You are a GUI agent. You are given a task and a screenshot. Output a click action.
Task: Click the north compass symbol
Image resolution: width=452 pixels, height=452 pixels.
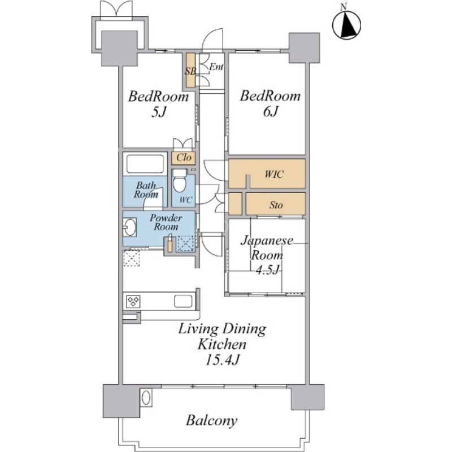[x=346, y=24]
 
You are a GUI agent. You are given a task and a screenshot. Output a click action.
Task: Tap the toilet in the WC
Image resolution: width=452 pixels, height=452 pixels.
[x=180, y=180]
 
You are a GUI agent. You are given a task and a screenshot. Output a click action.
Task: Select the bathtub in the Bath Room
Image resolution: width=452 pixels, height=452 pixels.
[x=145, y=164]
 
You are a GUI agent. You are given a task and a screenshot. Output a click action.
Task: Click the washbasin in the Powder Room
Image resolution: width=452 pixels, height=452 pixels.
[x=130, y=227]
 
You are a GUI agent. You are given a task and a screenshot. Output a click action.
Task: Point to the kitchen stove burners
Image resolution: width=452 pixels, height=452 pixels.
[x=133, y=302]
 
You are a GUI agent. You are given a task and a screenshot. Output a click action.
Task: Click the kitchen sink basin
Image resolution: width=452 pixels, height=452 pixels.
[x=183, y=301]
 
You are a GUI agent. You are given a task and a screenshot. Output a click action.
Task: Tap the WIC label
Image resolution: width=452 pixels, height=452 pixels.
[x=274, y=174]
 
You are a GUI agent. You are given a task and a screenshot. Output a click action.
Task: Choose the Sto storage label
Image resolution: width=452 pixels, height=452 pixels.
[x=276, y=205]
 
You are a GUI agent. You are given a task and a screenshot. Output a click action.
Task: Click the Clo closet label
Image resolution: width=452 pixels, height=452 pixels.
[x=184, y=158]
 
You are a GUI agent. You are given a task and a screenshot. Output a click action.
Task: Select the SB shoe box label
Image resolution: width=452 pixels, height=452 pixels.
[x=190, y=71]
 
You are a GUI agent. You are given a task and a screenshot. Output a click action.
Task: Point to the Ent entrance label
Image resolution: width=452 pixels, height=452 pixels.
[x=216, y=67]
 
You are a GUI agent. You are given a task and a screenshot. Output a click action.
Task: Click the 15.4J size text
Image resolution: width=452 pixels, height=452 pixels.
[x=222, y=360]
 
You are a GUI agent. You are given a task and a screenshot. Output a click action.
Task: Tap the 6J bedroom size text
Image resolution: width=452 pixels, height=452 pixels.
[x=270, y=111]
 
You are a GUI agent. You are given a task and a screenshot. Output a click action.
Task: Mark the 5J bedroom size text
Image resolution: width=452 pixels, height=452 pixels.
[x=159, y=112]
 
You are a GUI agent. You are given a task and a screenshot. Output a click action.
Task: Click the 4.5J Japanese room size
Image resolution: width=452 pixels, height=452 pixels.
[x=267, y=270]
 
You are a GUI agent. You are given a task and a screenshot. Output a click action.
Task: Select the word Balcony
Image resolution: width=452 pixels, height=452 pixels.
[x=211, y=420]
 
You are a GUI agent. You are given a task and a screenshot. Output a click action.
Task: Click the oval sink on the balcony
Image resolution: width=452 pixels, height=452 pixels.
[x=146, y=398]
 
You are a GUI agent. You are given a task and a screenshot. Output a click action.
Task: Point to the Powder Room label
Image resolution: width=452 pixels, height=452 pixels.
[x=166, y=222]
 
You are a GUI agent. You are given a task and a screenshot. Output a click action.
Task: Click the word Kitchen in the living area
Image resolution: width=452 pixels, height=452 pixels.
[x=222, y=344]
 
